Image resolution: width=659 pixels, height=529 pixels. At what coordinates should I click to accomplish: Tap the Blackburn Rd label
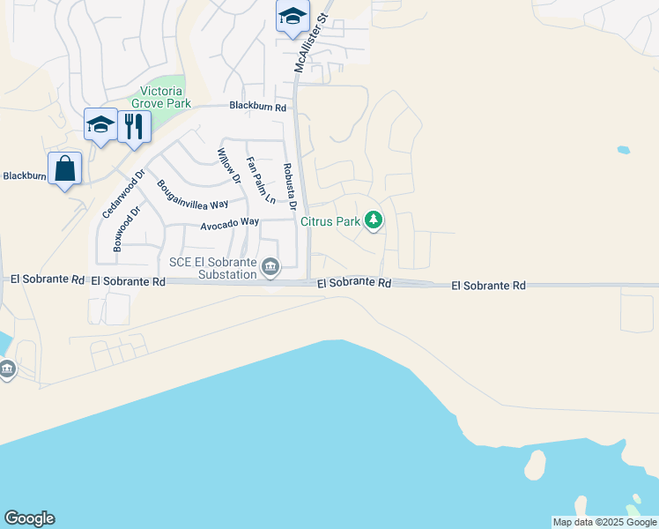point(258,107)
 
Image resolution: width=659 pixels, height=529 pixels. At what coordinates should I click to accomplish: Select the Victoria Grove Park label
point(162,97)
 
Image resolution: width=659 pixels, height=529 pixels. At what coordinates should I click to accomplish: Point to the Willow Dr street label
point(228,166)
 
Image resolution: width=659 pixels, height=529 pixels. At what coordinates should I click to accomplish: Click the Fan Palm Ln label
point(261,180)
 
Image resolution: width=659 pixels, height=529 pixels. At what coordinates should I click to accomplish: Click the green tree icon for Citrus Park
point(374,220)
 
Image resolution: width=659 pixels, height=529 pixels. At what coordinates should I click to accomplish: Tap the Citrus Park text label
point(330,221)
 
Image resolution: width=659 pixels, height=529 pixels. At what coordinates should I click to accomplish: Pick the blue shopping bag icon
point(65,168)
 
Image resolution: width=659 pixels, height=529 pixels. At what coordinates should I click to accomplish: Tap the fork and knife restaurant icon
point(134,125)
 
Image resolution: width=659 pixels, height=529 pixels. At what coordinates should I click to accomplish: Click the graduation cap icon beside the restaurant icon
point(101,124)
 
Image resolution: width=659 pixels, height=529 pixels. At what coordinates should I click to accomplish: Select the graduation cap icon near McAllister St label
point(292,17)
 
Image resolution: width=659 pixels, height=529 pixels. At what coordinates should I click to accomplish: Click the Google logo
point(29,518)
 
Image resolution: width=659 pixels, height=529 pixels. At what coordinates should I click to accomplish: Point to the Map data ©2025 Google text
point(604,522)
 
